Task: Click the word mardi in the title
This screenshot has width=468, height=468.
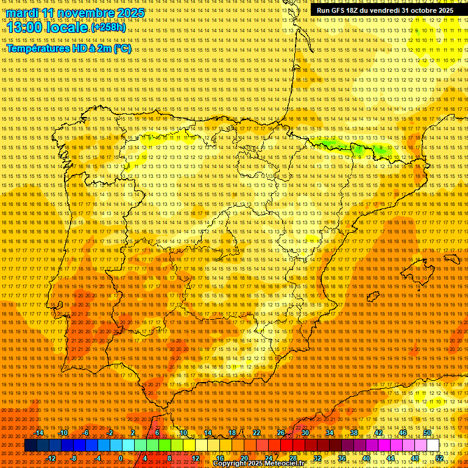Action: [23, 13]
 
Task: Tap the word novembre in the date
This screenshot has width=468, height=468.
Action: [86, 13]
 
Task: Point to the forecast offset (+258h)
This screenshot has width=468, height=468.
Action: [108, 27]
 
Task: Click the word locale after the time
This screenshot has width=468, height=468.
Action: [68, 27]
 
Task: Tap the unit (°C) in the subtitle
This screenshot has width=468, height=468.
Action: [122, 49]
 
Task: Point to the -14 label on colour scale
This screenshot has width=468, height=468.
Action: [40, 433]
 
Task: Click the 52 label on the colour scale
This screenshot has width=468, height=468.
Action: [439, 458]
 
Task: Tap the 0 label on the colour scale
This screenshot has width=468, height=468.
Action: [121, 458]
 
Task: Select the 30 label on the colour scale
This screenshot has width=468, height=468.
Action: [305, 433]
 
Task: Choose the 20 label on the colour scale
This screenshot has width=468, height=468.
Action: [244, 458]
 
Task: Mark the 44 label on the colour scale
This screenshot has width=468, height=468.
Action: [391, 458]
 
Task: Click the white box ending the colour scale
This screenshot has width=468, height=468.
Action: [433, 445]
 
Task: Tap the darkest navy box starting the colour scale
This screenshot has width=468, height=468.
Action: [30, 445]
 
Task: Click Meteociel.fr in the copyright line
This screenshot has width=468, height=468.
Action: [281, 464]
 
